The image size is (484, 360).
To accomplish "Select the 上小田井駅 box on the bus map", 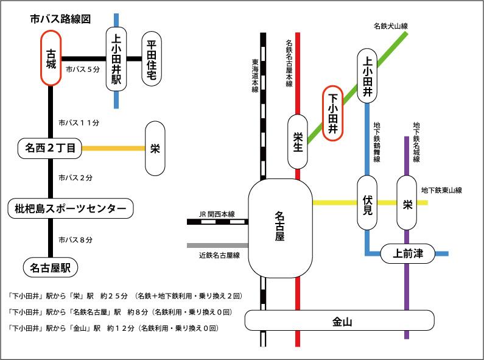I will (116, 59).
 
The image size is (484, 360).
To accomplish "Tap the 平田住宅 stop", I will (151, 59).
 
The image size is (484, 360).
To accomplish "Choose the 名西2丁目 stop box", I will (50, 147).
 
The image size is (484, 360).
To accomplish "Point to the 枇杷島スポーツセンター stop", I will (70, 209).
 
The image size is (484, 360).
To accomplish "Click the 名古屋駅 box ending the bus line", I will (51, 266).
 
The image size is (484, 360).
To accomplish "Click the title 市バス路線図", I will (60, 19).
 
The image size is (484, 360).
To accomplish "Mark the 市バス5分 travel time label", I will (82, 69).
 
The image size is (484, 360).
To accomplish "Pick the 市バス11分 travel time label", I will (79, 122).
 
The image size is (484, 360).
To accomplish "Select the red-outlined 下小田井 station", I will (333, 113).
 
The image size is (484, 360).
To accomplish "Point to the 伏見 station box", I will (368, 203).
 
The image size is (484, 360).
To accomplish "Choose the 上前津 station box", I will (408, 253).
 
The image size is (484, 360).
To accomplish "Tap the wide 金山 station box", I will (339, 320).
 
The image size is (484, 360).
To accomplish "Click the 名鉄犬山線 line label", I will (390, 26).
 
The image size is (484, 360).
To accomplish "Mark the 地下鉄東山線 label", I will (441, 190).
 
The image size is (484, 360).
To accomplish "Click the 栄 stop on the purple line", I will (407, 203).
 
